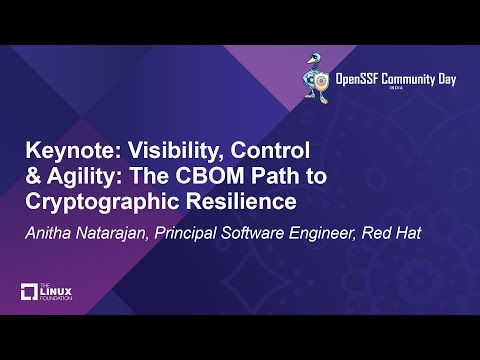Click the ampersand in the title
point(32,176)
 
